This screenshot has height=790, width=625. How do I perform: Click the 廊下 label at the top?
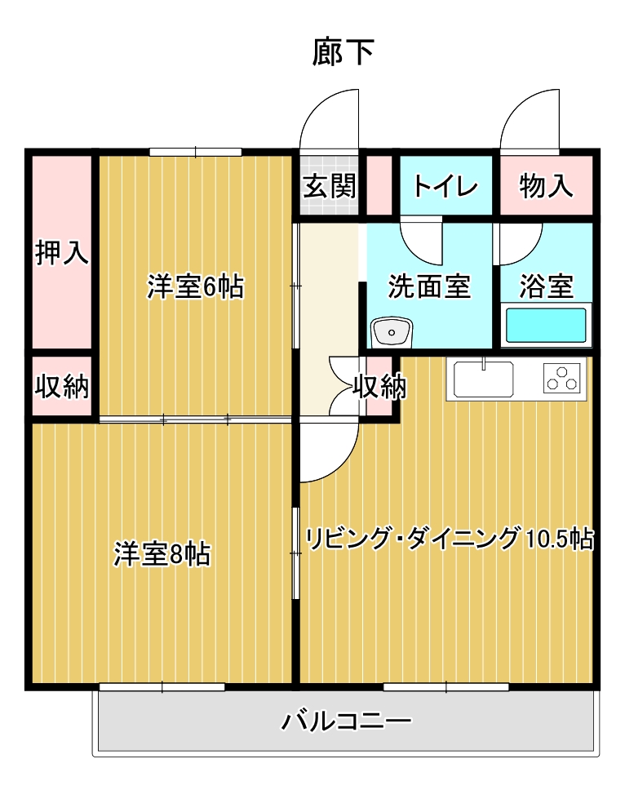pos(343,52)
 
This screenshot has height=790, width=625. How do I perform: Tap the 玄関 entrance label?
pos(330,186)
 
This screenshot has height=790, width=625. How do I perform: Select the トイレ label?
pos(445,186)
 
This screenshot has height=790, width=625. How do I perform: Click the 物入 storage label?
pos(546,186)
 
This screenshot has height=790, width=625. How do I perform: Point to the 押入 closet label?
pos(62,252)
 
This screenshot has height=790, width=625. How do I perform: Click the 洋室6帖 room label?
pos(195,286)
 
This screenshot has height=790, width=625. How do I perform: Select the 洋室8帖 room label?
pos(162,553)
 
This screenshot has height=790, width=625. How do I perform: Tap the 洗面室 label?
pos(429,286)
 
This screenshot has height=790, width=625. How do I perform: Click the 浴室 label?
pos(547,286)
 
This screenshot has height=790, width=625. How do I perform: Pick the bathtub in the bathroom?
pos(546,325)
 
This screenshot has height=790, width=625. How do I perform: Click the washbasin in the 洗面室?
pos(392,332)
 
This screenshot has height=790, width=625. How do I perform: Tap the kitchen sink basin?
pos(484,379)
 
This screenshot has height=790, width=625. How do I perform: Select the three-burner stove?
pos(561,379)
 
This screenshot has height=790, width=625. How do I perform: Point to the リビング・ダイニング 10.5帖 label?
pos(450,538)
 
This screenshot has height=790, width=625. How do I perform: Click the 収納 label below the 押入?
pos(62,387)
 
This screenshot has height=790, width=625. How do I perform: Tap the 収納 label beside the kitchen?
pos(379,387)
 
